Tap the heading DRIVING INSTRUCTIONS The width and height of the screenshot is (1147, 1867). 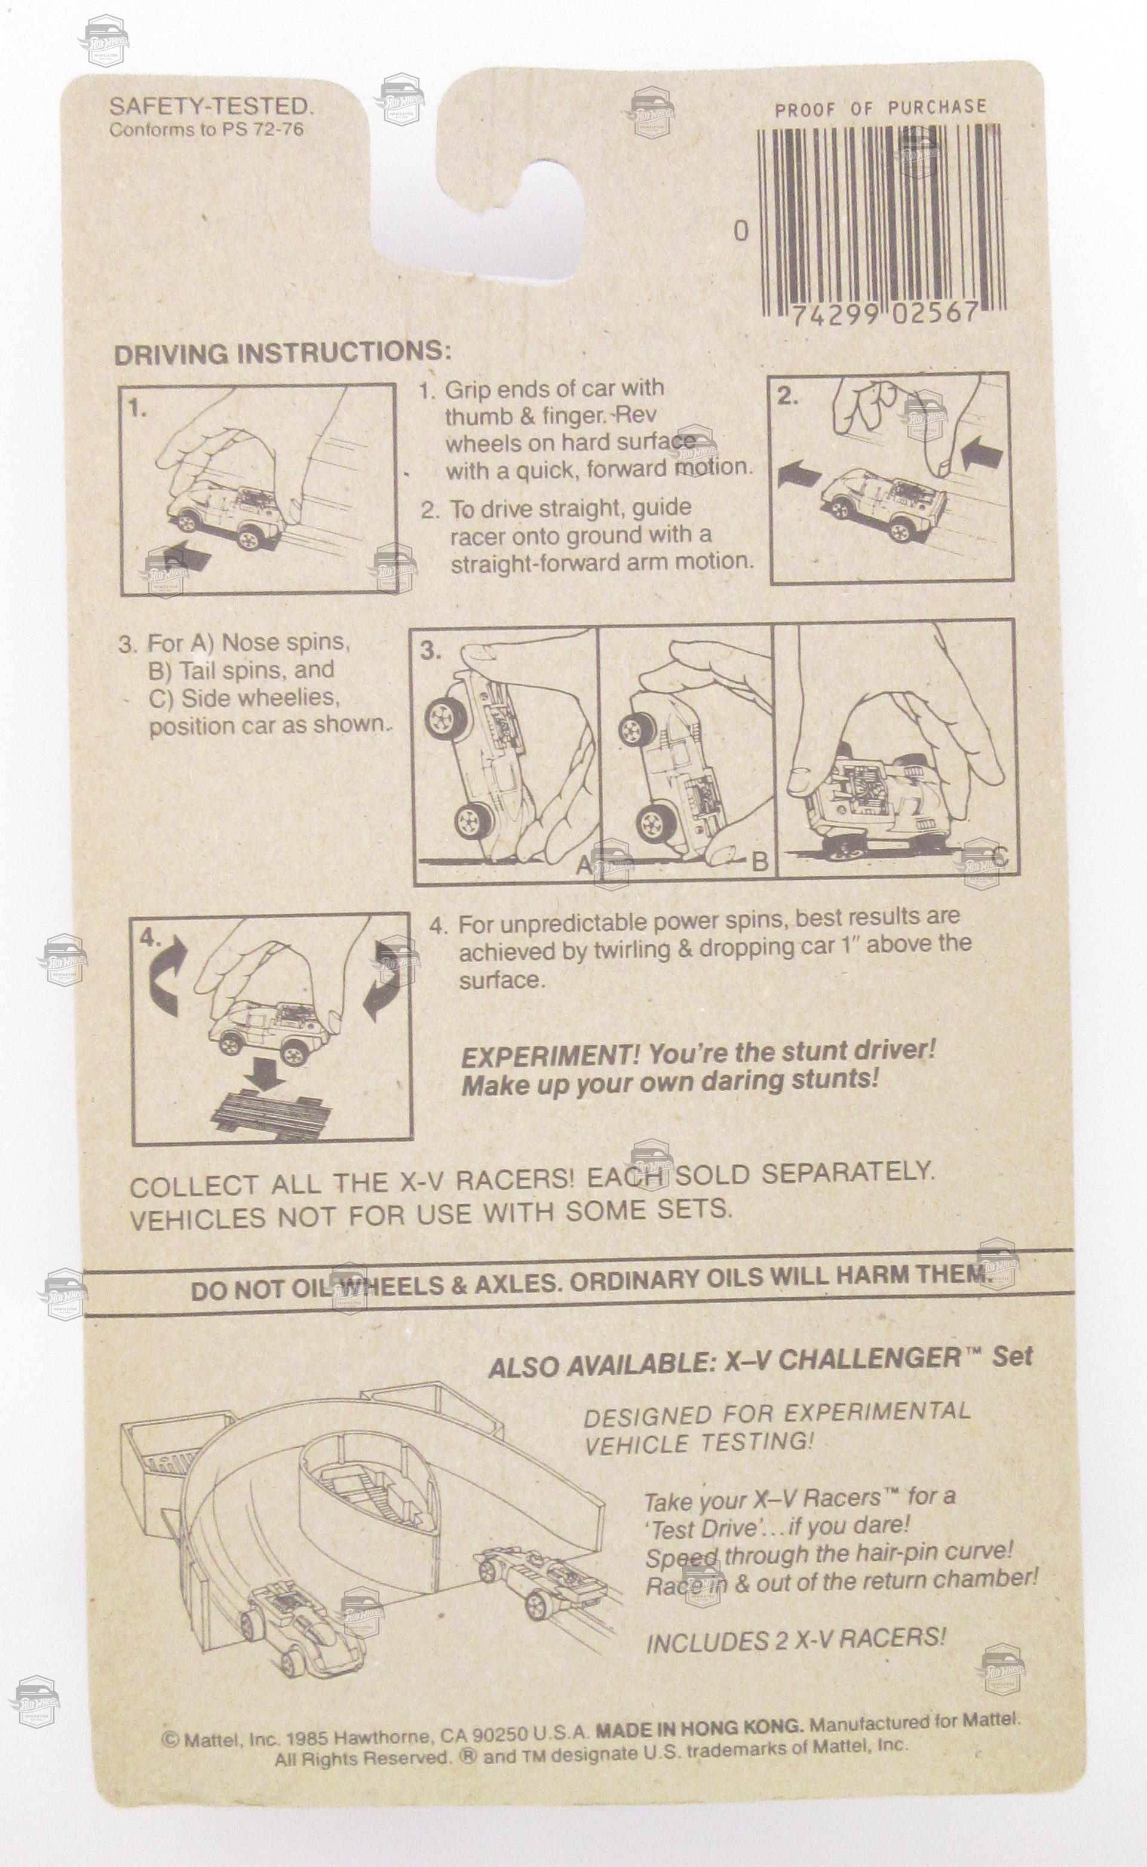coord(282,354)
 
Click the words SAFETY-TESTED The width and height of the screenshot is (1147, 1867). coord(211,106)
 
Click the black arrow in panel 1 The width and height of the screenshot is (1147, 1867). coord(180,561)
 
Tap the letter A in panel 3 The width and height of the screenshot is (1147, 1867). coord(584,864)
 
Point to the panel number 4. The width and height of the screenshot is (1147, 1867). coord(150,938)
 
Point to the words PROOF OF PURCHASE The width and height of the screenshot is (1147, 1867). coord(880,109)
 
